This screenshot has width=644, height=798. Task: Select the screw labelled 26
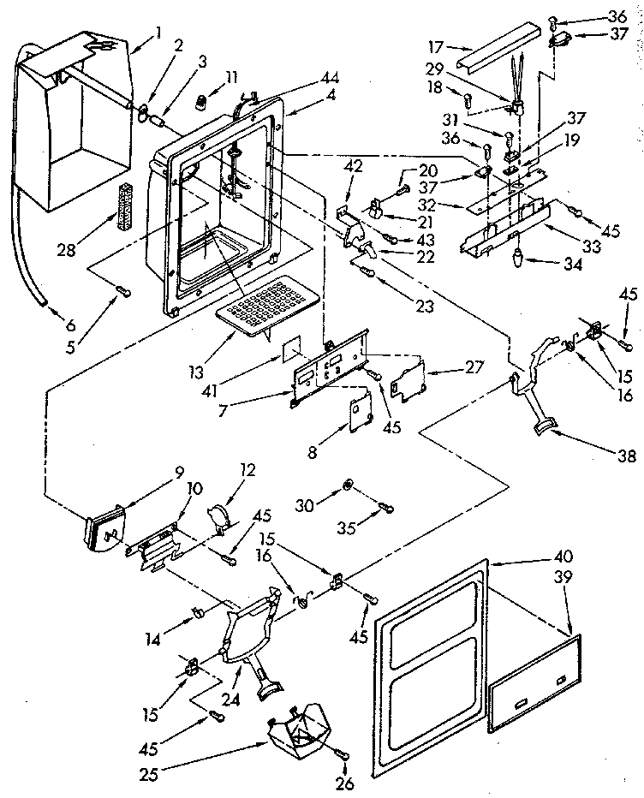[x=344, y=754]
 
